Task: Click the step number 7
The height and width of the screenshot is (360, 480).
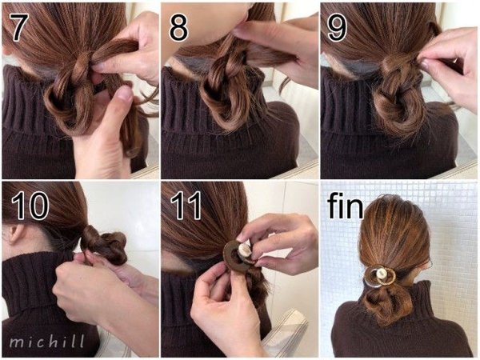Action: click(x=19, y=27)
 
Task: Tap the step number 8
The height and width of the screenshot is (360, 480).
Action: click(x=178, y=27)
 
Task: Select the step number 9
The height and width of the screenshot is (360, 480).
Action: click(x=337, y=27)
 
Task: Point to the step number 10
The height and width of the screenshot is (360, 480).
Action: click(x=30, y=205)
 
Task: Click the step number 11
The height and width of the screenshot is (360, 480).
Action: click(x=186, y=205)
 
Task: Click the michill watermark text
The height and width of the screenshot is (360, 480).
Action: click(x=47, y=342)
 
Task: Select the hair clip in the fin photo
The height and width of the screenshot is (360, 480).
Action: click(x=380, y=275)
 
